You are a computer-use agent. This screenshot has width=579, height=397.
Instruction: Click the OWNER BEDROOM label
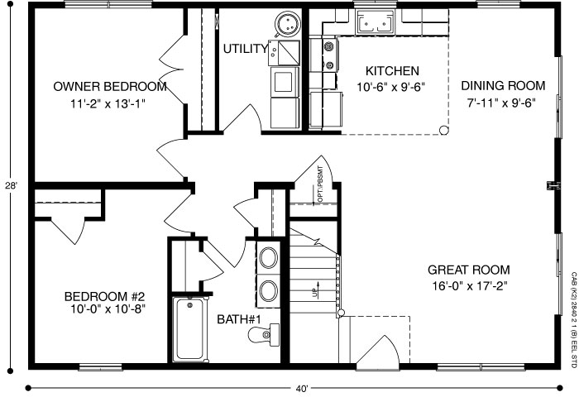pyautogui.click(x=110, y=87)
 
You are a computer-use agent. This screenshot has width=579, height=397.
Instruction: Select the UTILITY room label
pyautogui.click(x=245, y=49)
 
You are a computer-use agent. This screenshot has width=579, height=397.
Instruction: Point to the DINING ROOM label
pyautogui.click(x=503, y=86)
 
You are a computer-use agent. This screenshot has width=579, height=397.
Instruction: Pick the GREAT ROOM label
pyautogui.click(x=468, y=270)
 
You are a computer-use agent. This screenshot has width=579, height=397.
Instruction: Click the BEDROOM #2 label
pyautogui.click(x=105, y=297)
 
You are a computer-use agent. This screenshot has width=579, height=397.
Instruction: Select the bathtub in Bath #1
pyautogui.click(x=192, y=328)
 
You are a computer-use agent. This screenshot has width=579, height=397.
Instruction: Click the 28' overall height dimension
pyautogui.click(x=10, y=187)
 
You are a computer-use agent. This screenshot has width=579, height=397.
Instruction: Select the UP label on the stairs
pyautogui.click(x=315, y=293)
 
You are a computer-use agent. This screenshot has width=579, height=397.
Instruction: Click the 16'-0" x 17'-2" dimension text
pyautogui.click(x=468, y=287)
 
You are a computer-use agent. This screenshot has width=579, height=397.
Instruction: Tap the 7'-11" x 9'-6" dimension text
pyautogui.click(x=503, y=104)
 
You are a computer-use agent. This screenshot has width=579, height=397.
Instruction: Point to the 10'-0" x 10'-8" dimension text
pyautogui.click(x=105, y=312)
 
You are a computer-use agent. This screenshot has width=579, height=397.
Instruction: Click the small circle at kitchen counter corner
pyautogui.click(x=444, y=129)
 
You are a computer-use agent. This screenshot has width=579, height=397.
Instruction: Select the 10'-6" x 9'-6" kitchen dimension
pyautogui.click(x=387, y=87)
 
